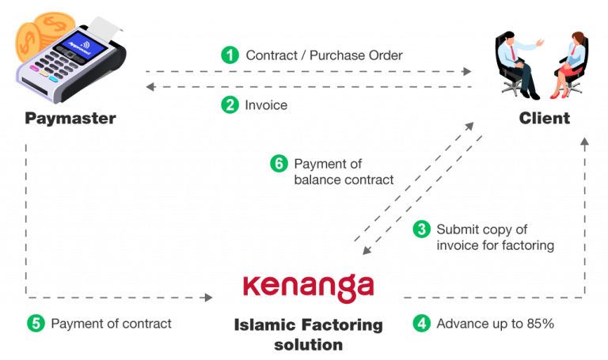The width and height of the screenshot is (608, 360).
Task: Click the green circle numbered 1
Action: click(x=230, y=55)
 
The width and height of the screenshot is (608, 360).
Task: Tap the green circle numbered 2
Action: click(x=230, y=104)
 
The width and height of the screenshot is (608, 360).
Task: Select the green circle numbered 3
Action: click(x=422, y=229)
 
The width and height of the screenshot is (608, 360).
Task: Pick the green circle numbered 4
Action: click(x=421, y=323)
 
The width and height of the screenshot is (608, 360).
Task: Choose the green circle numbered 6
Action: click(x=278, y=164)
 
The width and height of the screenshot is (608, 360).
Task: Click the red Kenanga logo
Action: click(x=309, y=286)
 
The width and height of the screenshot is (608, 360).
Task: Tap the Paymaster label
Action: click(x=70, y=119)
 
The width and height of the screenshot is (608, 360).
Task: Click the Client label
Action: click(x=544, y=119)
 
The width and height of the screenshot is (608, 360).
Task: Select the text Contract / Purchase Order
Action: click(x=325, y=55)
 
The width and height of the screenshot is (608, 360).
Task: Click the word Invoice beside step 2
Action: click(x=267, y=104)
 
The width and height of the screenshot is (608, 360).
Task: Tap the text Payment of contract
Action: click(x=111, y=323)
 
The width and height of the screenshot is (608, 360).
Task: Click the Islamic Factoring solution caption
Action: click(x=309, y=335)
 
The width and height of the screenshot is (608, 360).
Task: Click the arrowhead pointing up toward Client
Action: click(x=585, y=142)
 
